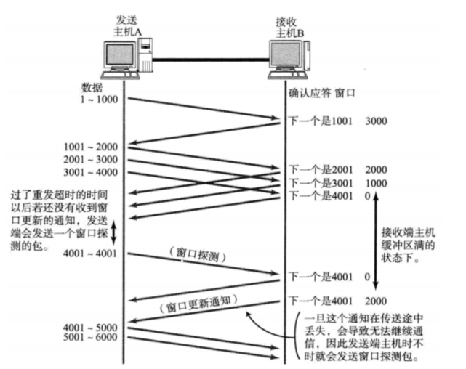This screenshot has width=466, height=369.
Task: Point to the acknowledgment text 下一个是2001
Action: click(321, 169)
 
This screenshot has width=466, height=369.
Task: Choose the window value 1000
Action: click(377, 182)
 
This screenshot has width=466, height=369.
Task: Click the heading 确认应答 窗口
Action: click(321, 93)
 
